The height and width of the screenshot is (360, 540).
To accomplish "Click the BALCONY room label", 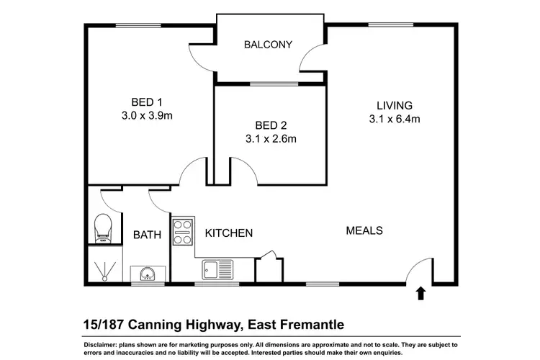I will [x=268, y=45].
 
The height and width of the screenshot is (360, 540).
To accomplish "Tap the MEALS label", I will [x=364, y=231].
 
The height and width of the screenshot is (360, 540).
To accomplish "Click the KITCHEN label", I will [x=229, y=233].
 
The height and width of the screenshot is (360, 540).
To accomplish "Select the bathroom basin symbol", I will [x=148, y=274].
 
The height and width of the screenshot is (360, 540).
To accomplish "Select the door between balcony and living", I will [x=312, y=58].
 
